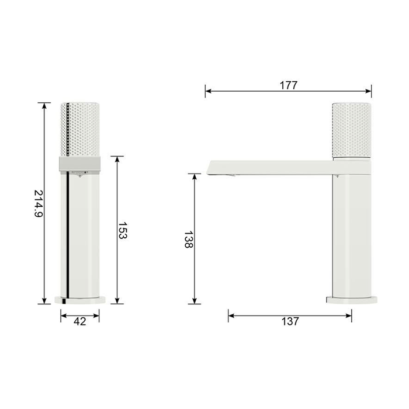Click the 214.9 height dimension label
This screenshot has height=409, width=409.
coord(39,204)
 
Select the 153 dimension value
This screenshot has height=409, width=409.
coord(123,230)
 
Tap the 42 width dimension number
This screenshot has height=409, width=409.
coord(79,321)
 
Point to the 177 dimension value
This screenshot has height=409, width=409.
coord(288,85)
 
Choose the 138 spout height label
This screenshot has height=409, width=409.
coord(189,240)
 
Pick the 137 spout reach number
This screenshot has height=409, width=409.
coord(290,321)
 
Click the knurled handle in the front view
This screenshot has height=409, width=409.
coord(80,130)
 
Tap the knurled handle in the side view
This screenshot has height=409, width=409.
coord(351,130)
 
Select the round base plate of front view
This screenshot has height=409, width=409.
coord(80,300)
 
